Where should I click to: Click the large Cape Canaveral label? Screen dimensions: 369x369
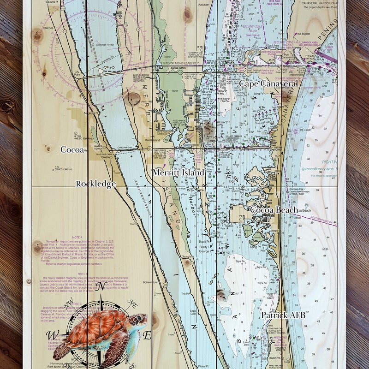(x=268, y=84)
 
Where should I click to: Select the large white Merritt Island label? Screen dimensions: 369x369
(x=179, y=172)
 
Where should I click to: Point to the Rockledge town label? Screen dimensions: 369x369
(x=95, y=184)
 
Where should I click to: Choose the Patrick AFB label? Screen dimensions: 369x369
(x=283, y=315)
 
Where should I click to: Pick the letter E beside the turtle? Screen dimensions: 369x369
(x=147, y=336)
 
